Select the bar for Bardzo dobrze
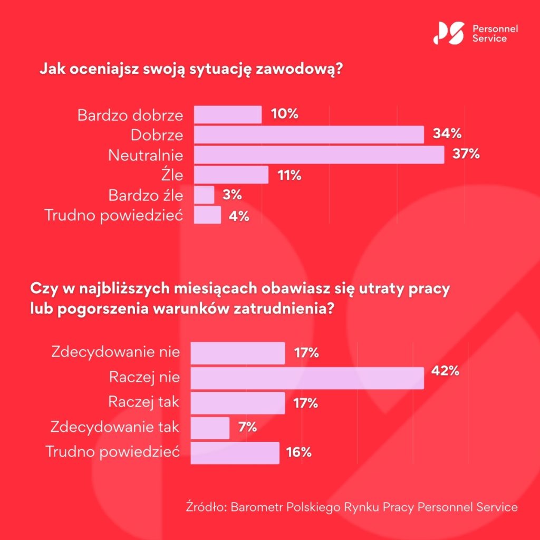click(228, 114)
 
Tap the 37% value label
click(466, 155)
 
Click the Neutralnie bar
click(319, 155)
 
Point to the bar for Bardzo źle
click(204, 195)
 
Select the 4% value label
click(238, 215)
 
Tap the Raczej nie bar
click(307, 378)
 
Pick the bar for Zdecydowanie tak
click(210, 428)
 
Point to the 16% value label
click(299, 452)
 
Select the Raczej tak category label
click(144, 402)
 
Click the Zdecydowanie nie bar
click(237, 353)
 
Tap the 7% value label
click(247, 427)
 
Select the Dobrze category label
click(157, 135)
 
